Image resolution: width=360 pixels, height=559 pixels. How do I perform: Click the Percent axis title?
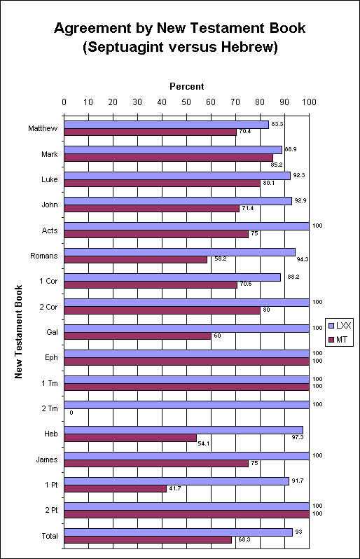coord(187,87)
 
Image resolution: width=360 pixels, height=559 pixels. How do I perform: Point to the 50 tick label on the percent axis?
coord(186,102)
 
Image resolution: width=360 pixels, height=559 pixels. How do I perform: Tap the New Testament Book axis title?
coord(18,332)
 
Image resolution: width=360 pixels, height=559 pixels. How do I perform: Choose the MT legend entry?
coord(338,340)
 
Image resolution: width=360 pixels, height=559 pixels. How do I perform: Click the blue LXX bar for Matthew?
coord(167,125)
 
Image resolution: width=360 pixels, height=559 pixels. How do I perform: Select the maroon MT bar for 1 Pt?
coord(115,488)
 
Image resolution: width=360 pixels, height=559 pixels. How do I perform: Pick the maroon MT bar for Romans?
coord(135,259)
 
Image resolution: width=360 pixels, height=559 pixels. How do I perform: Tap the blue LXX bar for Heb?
coord(184,430)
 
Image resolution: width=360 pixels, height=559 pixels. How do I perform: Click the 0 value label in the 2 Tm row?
coord(71,413)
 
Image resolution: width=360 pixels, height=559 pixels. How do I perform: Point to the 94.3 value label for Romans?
coord(303,259)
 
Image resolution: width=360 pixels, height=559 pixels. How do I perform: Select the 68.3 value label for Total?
coord(244,539)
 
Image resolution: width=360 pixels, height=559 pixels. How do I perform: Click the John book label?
coord(50,205)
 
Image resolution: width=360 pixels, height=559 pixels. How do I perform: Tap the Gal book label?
coord(52,332)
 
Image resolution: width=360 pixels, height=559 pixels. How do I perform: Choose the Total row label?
coord(50,536)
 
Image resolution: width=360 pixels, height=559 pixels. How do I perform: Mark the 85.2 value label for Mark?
coord(276,165)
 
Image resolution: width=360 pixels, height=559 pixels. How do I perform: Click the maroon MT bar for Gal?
coord(137,336)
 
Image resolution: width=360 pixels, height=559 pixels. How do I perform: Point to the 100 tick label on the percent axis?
coord(309,102)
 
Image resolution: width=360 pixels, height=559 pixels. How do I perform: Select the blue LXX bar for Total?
coord(178,532)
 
